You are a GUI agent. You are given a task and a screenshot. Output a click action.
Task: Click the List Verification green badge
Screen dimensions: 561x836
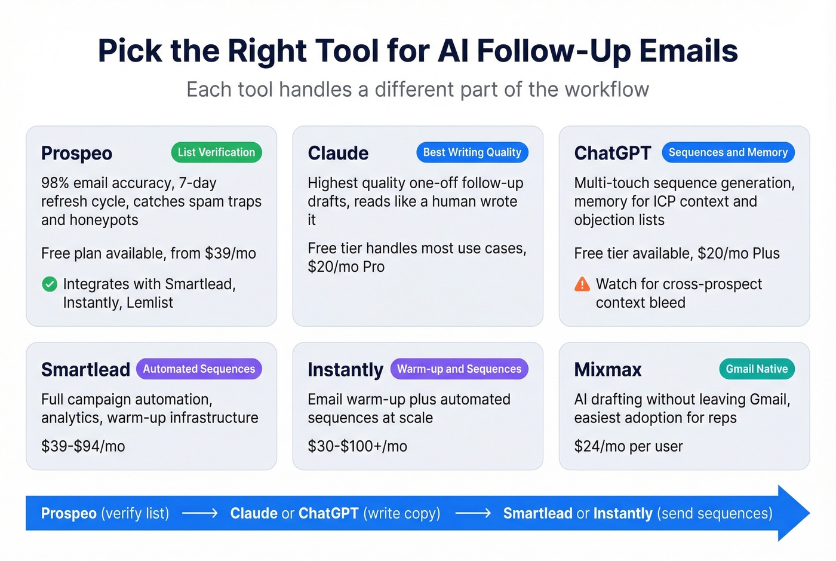coord(216,152)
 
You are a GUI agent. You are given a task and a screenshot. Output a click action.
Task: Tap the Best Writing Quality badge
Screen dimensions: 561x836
coord(472,152)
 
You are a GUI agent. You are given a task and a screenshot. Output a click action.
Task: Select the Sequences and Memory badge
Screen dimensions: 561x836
coord(728,152)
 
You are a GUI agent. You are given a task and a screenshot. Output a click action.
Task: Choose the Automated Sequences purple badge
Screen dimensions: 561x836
coord(199,369)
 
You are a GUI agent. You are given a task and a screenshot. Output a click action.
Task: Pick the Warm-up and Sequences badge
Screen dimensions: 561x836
coord(459,369)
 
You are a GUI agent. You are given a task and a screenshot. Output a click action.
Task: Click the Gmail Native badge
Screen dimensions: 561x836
coord(757,369)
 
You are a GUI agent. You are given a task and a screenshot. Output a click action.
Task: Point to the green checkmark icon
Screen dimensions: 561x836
coord(50,284)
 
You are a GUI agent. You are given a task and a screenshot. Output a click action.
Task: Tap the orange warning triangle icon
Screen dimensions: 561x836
coord(582,284)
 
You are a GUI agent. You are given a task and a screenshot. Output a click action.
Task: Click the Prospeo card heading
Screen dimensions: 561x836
coord(76,154)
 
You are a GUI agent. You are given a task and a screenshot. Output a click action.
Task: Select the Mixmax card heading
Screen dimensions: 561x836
coord(608,370)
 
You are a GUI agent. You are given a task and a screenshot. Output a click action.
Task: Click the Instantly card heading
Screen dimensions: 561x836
coord(345,370)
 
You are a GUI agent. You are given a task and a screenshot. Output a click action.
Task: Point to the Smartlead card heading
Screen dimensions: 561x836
coord(85,370)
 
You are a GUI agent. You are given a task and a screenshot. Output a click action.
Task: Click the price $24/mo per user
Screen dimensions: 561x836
coord(628,446)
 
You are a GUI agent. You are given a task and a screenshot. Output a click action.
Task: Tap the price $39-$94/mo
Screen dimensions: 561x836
coord(83,446)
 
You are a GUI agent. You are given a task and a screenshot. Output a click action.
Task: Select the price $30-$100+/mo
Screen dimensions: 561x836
coord(357,446)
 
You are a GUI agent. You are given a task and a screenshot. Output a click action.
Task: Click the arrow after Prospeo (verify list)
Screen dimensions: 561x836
coord(199,513)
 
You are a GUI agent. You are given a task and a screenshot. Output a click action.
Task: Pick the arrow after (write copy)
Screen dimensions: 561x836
coord(472,513)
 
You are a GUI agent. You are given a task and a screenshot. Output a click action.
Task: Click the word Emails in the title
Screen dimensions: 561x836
coord(688,51)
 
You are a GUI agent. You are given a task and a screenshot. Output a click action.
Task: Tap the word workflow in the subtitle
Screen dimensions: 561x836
coord(607,90)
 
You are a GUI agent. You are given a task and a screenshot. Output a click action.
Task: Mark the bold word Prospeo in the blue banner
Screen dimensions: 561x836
coord(69,513)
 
